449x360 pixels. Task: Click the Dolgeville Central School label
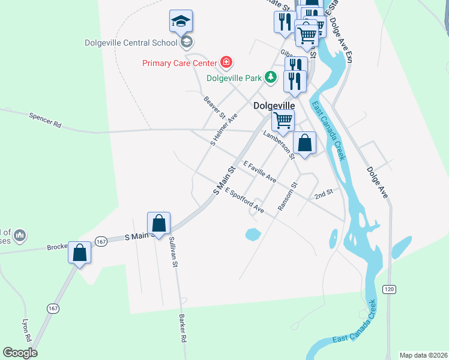pyautogui.click(x=130, y=42)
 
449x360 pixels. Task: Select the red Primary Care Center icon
pyautogui.click(x=226, y=62)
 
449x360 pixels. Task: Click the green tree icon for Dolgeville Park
pyautogui.click(x=271, y=77)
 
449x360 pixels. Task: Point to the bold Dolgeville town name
pyautogui.click(x=274, y=105)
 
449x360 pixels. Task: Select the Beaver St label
pyautogui.click(x=214, y=107)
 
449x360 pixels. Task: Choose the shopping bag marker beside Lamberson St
pyautogui.click(x=304, y=144)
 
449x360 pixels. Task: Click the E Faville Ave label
pyautogui.click(x=259, y=172)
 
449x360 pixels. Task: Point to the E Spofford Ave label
pyautogui.click(x=244, y=200)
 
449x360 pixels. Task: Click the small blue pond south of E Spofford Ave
pyautogui.click(x=253, y=234)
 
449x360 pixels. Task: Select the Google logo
pyautogui.click(x=20, y=352)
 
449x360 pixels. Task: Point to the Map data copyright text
pyautogui.click(x=423, y=355)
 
